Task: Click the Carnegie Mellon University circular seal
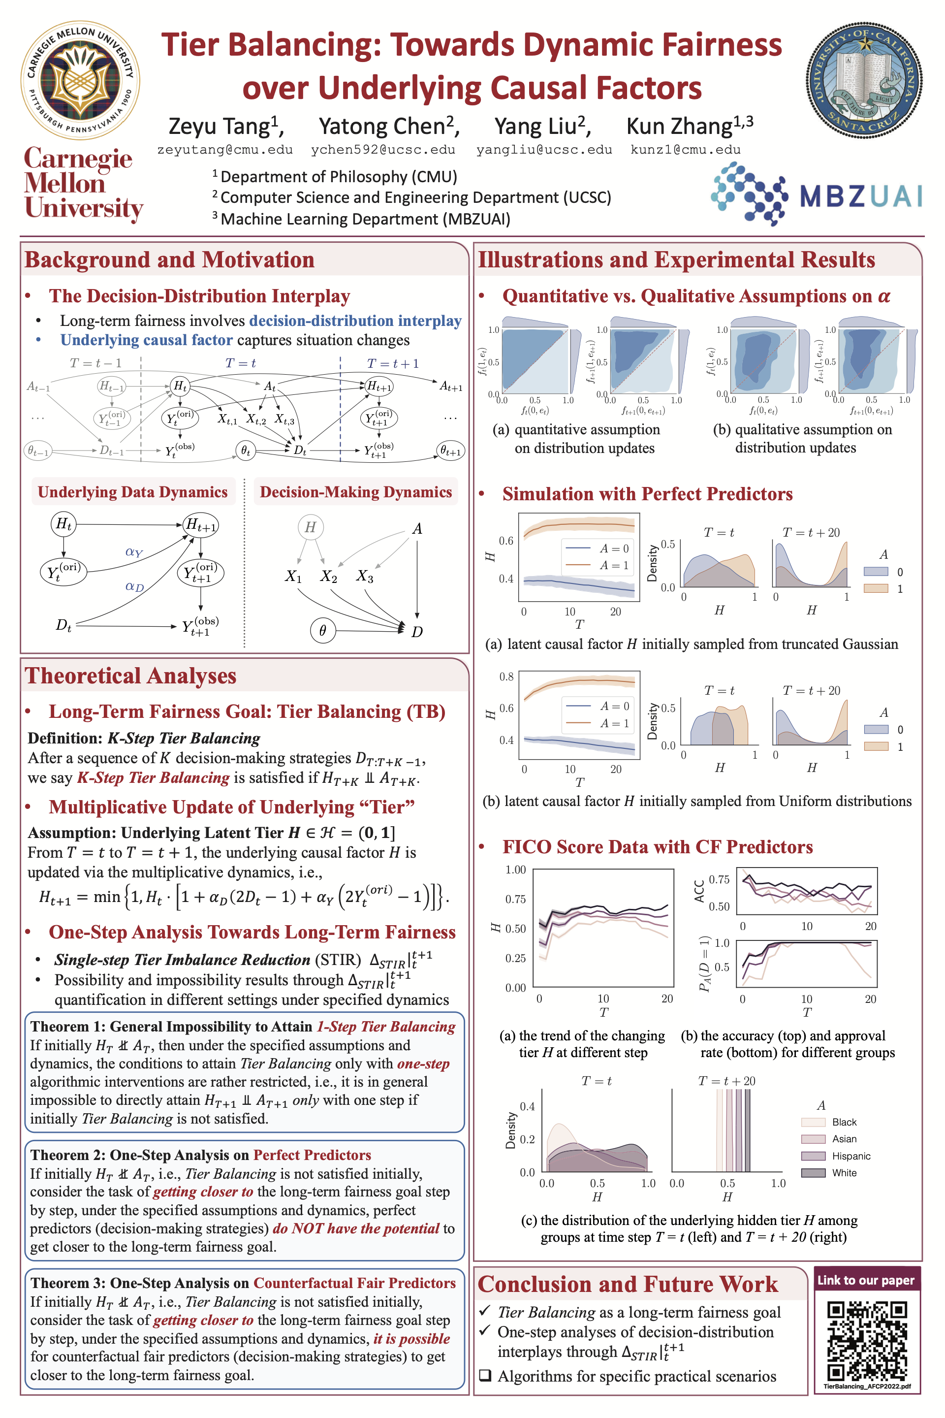coord(81,80)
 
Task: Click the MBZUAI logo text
coord(861,196)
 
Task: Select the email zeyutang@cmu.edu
coord(225,150)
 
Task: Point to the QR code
coord(867,1341)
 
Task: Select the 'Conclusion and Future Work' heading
coord(628,1284)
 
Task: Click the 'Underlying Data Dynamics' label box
coord(132,492)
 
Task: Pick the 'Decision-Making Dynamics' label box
coord(355,492)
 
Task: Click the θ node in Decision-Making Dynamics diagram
coord(322,631)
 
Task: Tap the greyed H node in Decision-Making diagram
coord(311,527)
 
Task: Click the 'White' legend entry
coord(844,1173)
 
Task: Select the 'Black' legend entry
coord(844,1122)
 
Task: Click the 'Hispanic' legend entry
coord(851,1156)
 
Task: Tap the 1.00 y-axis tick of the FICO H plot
coord(515,870)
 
